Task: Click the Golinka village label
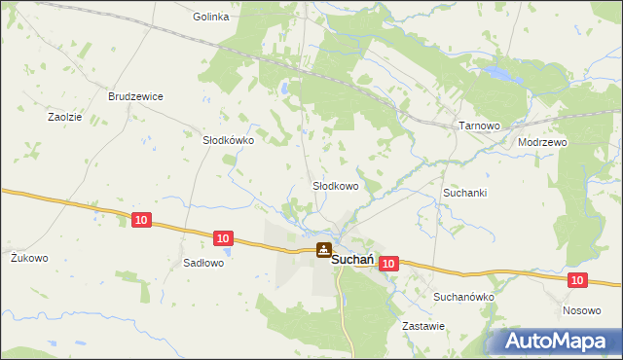210,17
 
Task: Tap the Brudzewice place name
135,96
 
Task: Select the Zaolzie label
65,116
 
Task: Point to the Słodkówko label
228,140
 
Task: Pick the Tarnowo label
478,126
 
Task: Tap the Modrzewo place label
542,141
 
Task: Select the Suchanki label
464,193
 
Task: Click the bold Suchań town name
355,260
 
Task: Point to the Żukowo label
29,258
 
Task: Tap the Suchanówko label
464,297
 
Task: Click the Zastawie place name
422,327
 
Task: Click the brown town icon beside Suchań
322,250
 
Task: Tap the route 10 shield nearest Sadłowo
223,237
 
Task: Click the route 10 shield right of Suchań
388,264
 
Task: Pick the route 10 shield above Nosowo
577,280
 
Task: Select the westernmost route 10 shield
141,221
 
